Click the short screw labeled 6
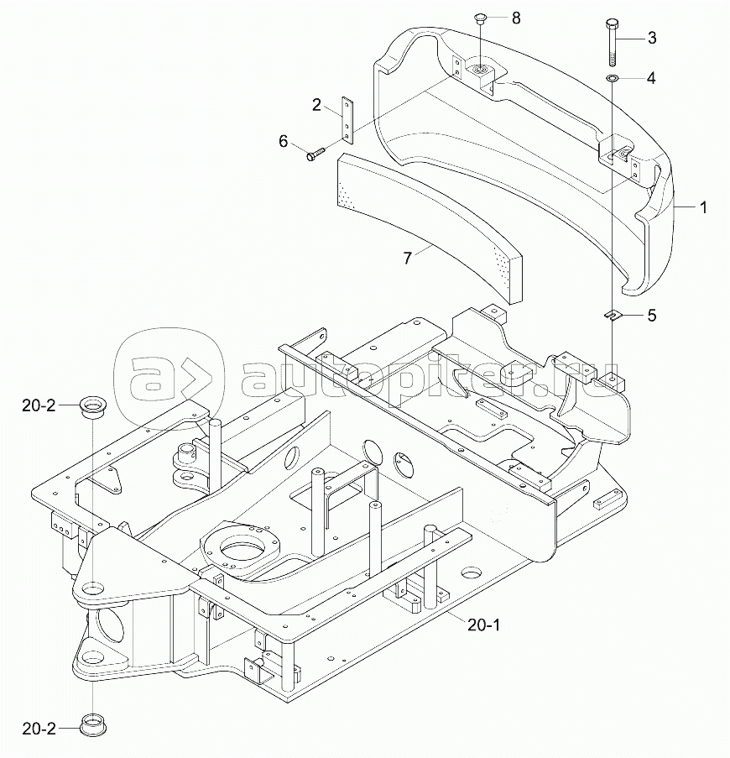(315, 154)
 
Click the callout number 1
(702, 206)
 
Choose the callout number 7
(408, 259)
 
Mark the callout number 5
(651, 316)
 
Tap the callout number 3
(651, 38)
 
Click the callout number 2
(316, 105)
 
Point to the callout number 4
(651, 78)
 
